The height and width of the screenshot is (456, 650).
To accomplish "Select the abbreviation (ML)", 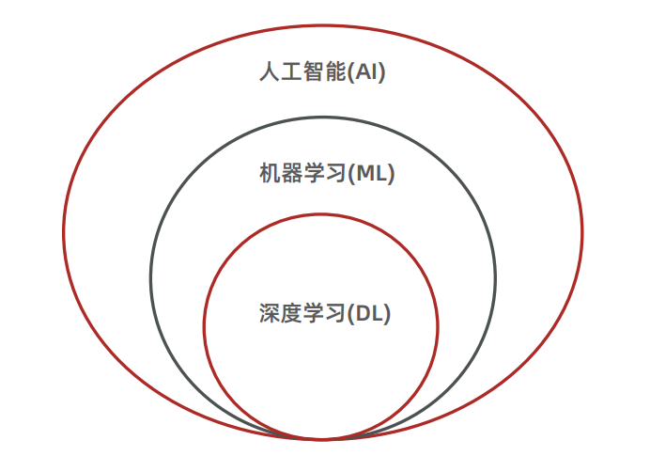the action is pyautogui.click(x=372, y=174).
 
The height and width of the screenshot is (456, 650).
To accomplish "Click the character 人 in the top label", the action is pyautogui.click(x=270, y=72).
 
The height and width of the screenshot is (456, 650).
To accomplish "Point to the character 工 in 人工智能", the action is pyautogui.click(x=291, y=72).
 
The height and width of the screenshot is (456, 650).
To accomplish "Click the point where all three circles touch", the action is pyautogui.click(x=322, y=439).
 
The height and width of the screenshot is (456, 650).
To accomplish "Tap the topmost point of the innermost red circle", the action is pyautogui.click(x=321, y=214).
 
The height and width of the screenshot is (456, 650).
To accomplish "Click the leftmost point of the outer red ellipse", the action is pyautogui.click(x=64, y=230).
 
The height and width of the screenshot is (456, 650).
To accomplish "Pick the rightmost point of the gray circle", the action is pyautogui.click(x=495, y=277).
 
